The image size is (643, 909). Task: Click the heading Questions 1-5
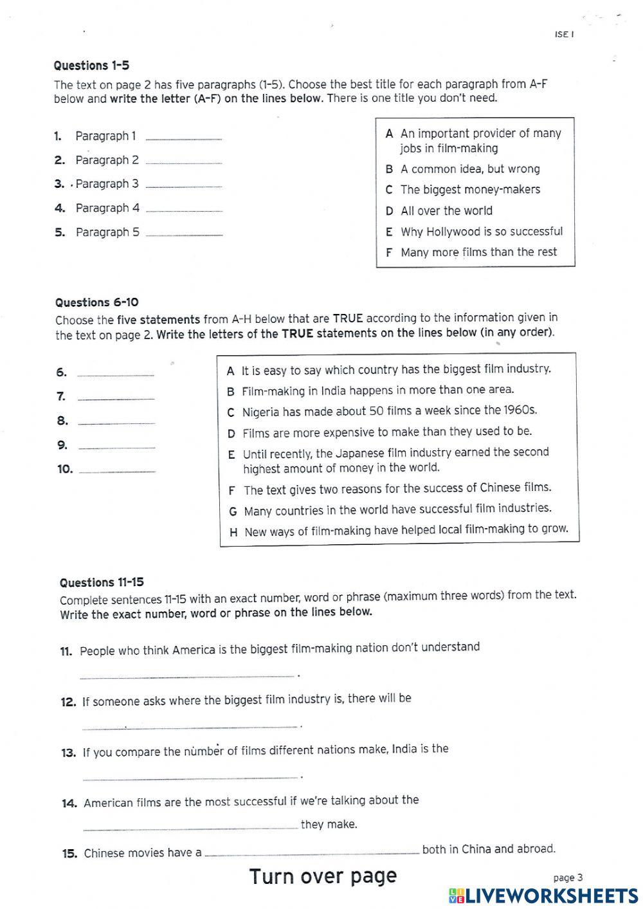click(91, 66)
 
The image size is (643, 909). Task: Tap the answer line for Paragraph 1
click(184, 138)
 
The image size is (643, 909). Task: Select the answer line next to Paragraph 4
click(184, 210)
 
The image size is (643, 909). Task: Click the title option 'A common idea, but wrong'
click(470, 169)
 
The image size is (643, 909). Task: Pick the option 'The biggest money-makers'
click(470, 190)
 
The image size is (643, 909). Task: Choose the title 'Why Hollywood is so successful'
click(481, 232)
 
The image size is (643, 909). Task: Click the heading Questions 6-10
click(96, 302)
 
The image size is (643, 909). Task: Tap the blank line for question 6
click(116, 374)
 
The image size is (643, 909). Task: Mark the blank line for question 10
click(117, 472)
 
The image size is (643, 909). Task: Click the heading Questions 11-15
click(102, 583)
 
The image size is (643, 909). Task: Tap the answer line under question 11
click(187, 675)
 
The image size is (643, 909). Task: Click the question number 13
click(68, 753)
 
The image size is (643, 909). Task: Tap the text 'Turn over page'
click(323, 876)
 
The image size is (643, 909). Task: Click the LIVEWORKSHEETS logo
click(543, 895)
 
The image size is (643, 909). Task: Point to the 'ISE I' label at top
click(564, 34)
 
